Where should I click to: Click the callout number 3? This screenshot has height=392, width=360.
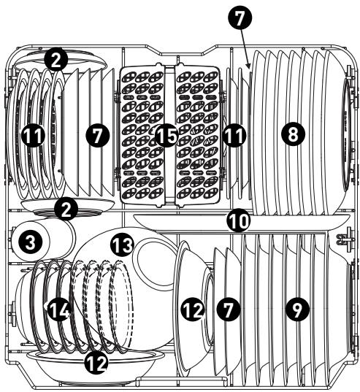[30, 242]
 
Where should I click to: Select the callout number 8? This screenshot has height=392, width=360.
[293, 134]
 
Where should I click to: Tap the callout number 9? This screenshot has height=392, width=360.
[297, 310]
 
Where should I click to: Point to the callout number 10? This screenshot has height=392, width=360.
[239, 220]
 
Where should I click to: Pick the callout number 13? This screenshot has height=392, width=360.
[122, 245]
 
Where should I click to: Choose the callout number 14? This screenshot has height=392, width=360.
[58, 310]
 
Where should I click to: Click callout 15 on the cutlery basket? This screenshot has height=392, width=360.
[166, 135]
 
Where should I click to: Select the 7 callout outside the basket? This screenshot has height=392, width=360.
[240, 18]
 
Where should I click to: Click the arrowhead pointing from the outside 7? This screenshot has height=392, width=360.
[248, 66]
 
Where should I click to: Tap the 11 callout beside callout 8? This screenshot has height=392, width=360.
[234, 135]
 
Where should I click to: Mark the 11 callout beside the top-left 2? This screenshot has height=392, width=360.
[34, 135]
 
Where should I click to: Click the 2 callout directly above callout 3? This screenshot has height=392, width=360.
[66, 210]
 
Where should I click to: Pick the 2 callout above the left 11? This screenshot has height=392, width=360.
[56, 60]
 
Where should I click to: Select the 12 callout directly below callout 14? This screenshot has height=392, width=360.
[96, 362]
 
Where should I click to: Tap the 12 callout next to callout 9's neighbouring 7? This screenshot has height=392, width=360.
[194, 310]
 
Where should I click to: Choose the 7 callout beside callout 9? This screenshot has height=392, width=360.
[229, 310]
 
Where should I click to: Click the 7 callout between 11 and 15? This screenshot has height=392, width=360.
[98, 135]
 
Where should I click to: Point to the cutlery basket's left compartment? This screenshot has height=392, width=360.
[142, 135]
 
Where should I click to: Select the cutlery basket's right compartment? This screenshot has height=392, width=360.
[198, 135]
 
